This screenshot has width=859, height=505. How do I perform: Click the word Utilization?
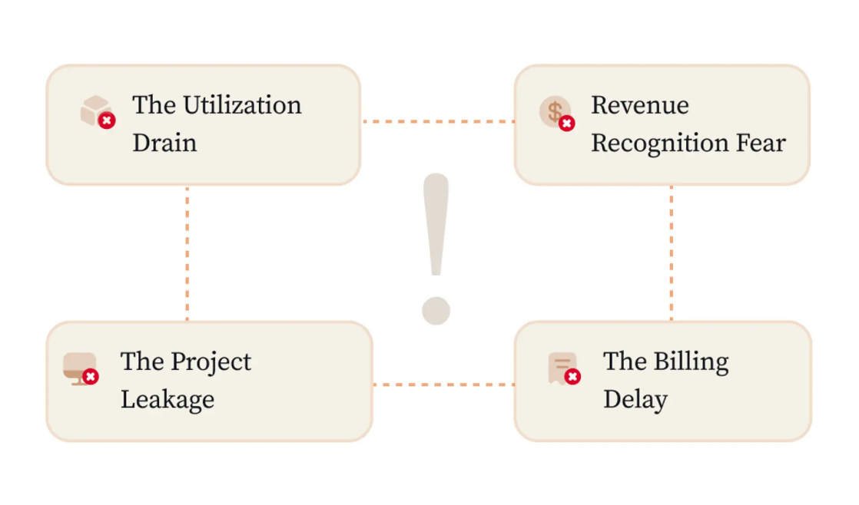(242, 105)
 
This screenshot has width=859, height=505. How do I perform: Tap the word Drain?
(164, 143)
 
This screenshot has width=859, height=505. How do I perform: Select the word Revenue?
(640, 105)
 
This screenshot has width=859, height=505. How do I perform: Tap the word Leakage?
(167, 400)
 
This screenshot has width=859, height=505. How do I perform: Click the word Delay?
(635, 400)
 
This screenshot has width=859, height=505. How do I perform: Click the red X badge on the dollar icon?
(567, 124)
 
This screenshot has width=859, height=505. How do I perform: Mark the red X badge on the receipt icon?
(573, 377)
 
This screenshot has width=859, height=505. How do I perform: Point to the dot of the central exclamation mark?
(436, 311)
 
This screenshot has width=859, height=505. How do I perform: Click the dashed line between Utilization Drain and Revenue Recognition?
(438, 121)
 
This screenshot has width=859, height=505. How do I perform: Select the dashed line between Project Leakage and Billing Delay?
(444, 385)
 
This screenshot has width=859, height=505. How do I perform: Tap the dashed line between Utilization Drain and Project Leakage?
(187, 253)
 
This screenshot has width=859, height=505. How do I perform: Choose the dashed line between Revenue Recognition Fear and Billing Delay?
(672, 253)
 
